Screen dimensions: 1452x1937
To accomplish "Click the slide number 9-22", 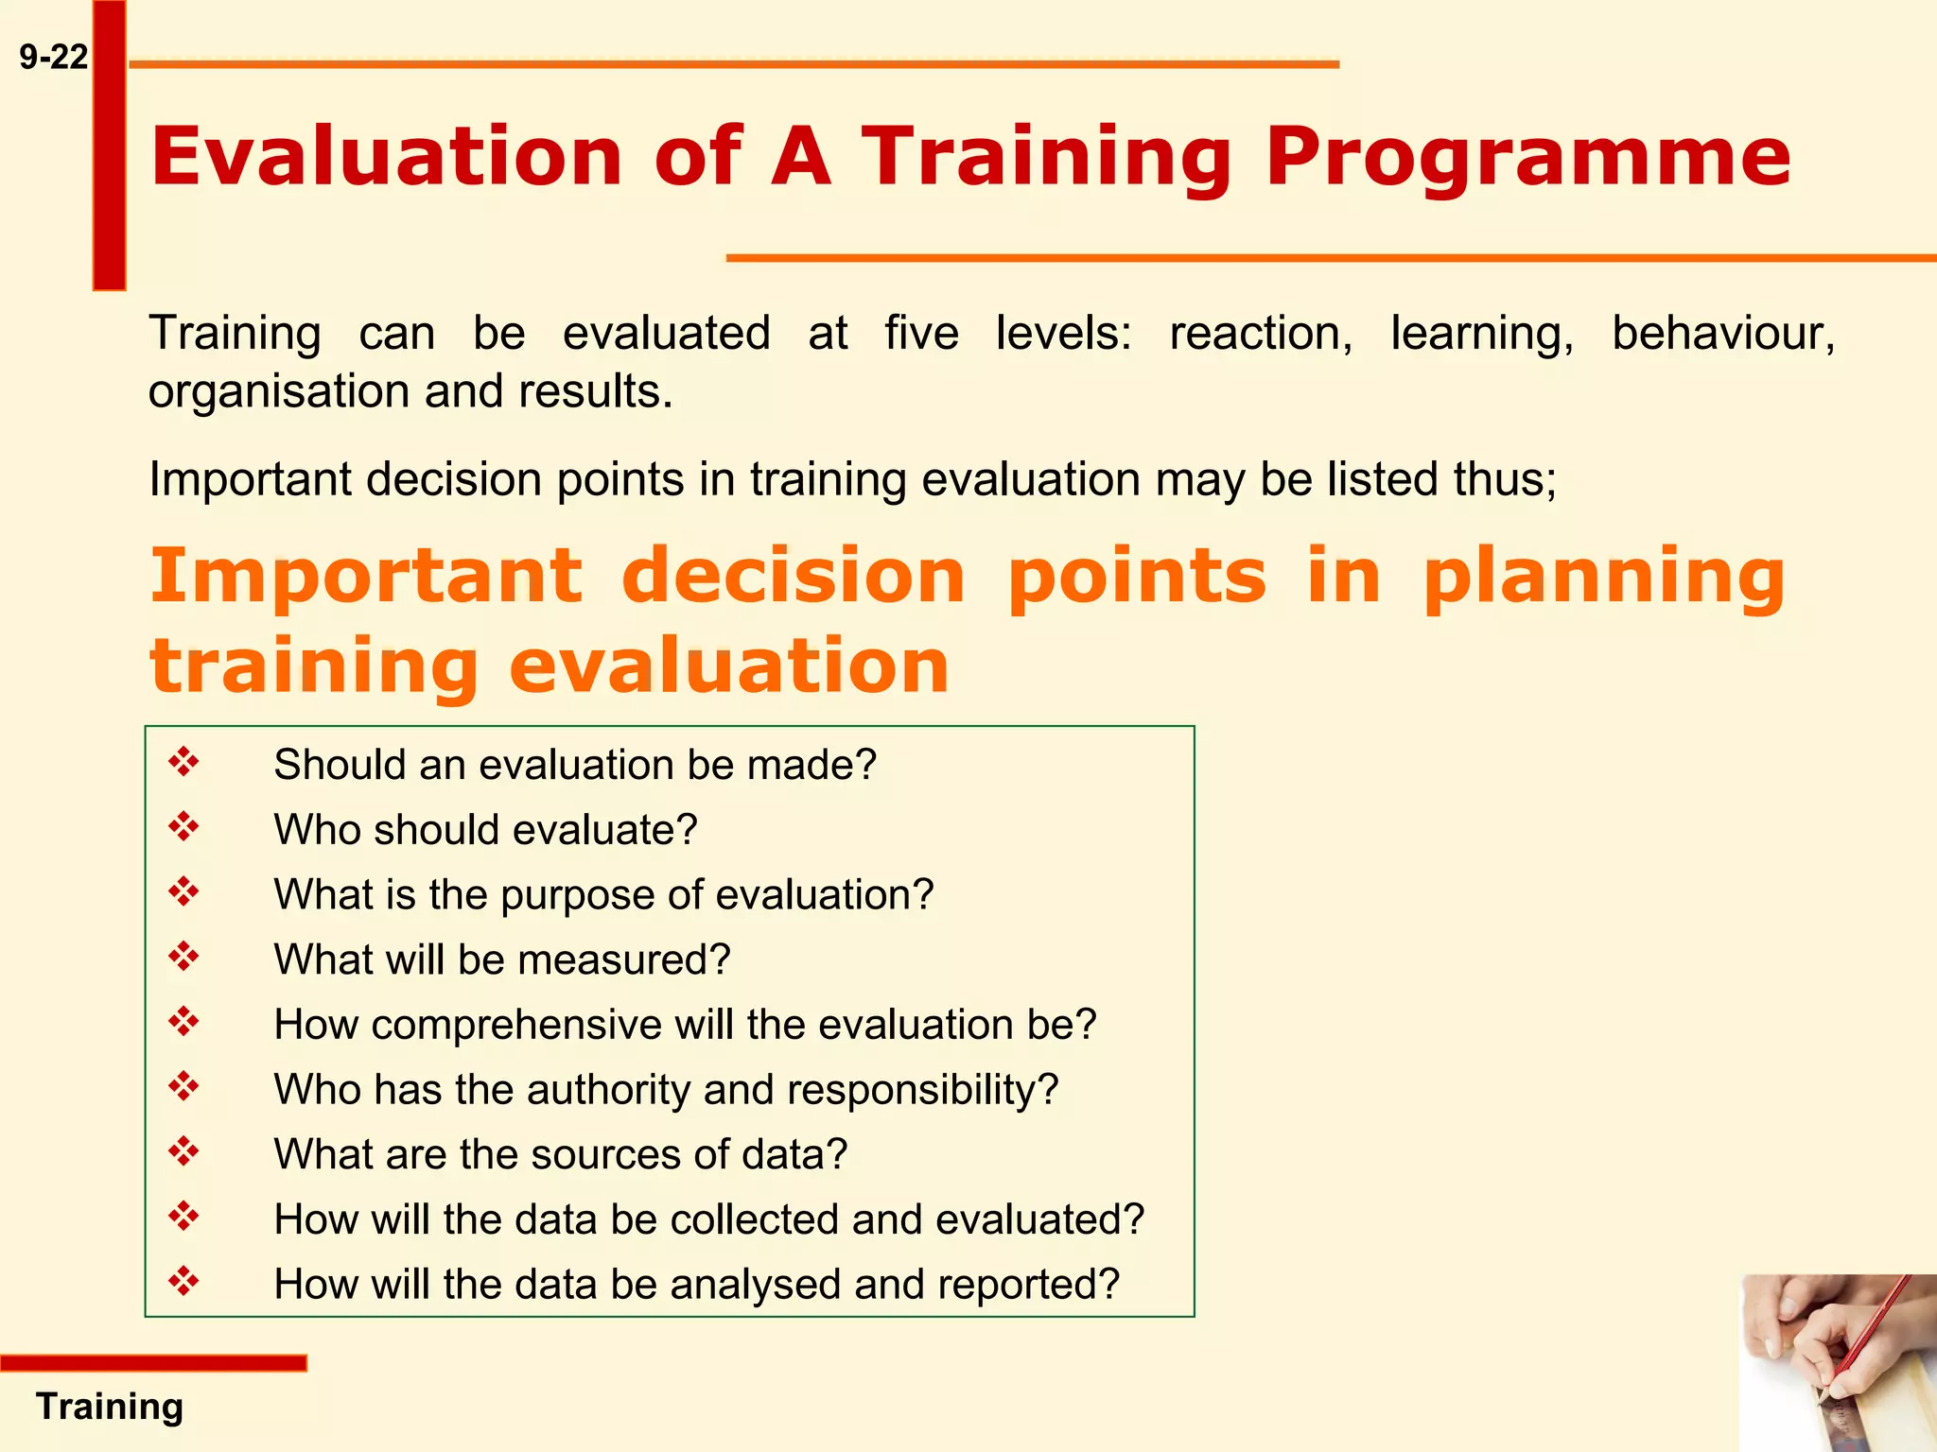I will [x=54, y=58].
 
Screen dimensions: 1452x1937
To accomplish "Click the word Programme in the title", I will [x=1527, y=156].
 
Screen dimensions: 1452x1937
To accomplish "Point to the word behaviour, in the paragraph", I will [x=1722, y=334].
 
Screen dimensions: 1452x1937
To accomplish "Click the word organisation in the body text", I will [x=279, y=391].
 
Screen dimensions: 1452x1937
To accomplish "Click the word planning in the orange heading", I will [x=1604, y=576].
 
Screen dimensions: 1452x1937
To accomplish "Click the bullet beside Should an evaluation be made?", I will [x=184, y=762].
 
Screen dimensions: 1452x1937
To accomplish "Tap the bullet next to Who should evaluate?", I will [x=184, y=827].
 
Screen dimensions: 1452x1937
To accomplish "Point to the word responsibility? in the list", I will [x=922, y=1090].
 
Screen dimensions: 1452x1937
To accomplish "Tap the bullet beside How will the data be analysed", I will [x=184, y=1282].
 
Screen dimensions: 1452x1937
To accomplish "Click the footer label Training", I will [x=110, y=1407].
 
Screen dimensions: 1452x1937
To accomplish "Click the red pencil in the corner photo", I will [x=1868, y=1342].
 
